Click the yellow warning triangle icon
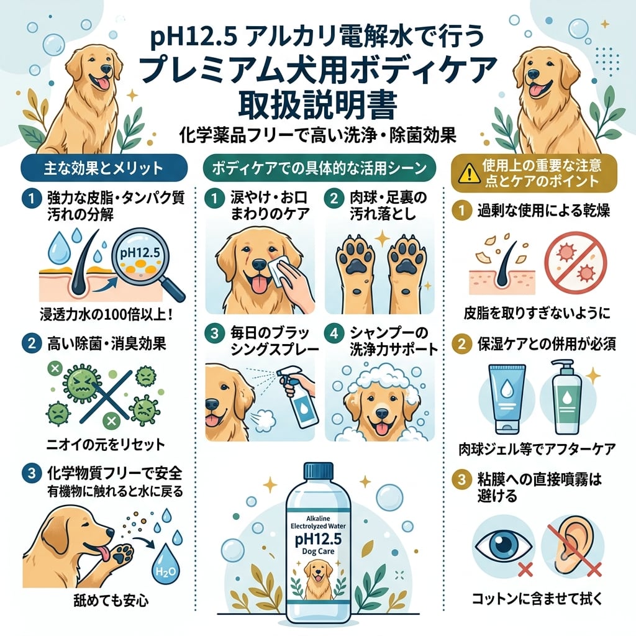click(x=470, y=174)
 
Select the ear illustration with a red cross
click(x=573, y=548)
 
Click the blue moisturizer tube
click(x=506, y=398)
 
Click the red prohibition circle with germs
click(x=575, y=263)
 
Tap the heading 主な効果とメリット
click(x=104, y=168)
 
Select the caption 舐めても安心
click(x=111, y=601)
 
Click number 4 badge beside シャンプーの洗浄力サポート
click(x=334, y=334)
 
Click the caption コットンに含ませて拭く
click(x=537, y=599)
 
